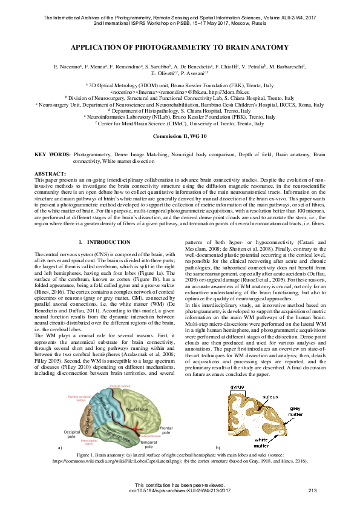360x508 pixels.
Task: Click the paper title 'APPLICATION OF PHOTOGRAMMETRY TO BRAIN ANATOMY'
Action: click(180, 47)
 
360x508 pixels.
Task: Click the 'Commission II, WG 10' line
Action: click(180, 137)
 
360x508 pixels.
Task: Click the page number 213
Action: click(313, 490)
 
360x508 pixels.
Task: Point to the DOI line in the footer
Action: click(180, 490)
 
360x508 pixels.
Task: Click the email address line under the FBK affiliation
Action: click(180, 91)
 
